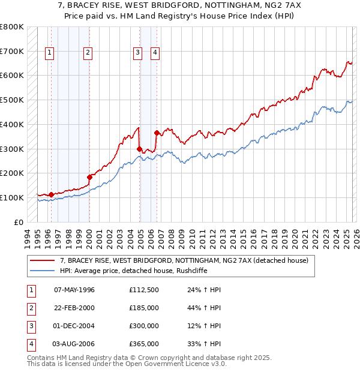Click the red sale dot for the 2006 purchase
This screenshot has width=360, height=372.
point(157,133)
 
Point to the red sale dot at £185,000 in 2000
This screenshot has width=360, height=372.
point(89,176)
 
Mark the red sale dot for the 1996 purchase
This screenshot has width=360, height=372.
point(51,194)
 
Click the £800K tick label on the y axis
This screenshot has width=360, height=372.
point(12,27)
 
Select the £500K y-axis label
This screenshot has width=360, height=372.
point(12,100)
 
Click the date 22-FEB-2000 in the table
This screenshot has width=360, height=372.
point(74,308)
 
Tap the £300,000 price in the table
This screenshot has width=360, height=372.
point(143,326)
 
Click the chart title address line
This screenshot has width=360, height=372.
point(180,7)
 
